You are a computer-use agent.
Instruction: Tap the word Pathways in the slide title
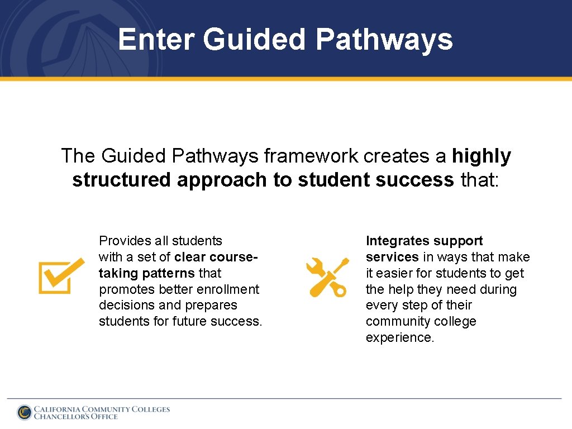(x=384, y=40)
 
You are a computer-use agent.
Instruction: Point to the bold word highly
(x=482, y=156)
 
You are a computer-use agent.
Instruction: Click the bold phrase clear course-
(x=216, y=257)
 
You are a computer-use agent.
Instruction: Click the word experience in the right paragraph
(x=399, y=338)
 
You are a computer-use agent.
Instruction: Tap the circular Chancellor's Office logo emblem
(x=25, y=412)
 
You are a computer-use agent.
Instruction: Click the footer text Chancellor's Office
(x=76, y=417)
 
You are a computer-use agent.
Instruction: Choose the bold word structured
(x=122, y=180)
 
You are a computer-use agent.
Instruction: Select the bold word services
(x=392, y=257)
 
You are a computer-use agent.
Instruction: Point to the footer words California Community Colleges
(x=102, y=409)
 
